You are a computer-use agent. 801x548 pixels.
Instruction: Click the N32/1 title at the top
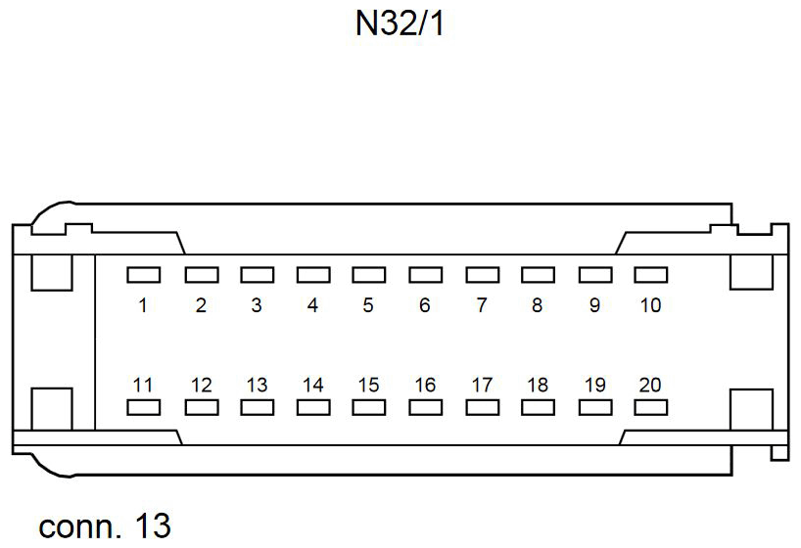pos(400,23)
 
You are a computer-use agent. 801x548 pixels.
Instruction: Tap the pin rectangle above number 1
pos(144,275)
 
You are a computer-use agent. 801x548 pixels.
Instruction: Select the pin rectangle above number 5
pos(369,275)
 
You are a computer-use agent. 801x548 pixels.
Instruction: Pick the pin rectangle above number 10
pos(650,275)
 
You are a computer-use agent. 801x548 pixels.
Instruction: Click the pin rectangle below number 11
pos(144,407)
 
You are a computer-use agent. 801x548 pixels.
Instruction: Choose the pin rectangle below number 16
pos(426,407)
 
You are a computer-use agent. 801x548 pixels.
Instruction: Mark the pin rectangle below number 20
pos(650,407)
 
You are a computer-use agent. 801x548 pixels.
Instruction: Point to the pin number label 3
pos(257,305)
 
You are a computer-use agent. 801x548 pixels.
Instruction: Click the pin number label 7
pos(482,305)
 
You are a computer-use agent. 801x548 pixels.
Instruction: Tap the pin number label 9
pos(594,305)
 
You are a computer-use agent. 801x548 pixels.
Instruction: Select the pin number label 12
pos(201,385)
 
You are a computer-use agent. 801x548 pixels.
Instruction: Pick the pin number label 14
pos(312,385)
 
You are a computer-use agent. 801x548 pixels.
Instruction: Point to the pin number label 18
pos(538,385)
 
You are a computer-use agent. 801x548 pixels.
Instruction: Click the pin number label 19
pos(594,385)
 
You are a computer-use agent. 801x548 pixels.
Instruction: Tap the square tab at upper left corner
pos(52,272)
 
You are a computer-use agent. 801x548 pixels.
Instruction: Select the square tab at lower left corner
pos(52,409)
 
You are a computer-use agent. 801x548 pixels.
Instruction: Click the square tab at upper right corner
pos(751,272)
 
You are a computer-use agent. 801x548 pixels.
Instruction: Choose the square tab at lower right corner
pos(751,409)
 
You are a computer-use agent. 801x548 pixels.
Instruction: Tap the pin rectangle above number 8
pos(539,275)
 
